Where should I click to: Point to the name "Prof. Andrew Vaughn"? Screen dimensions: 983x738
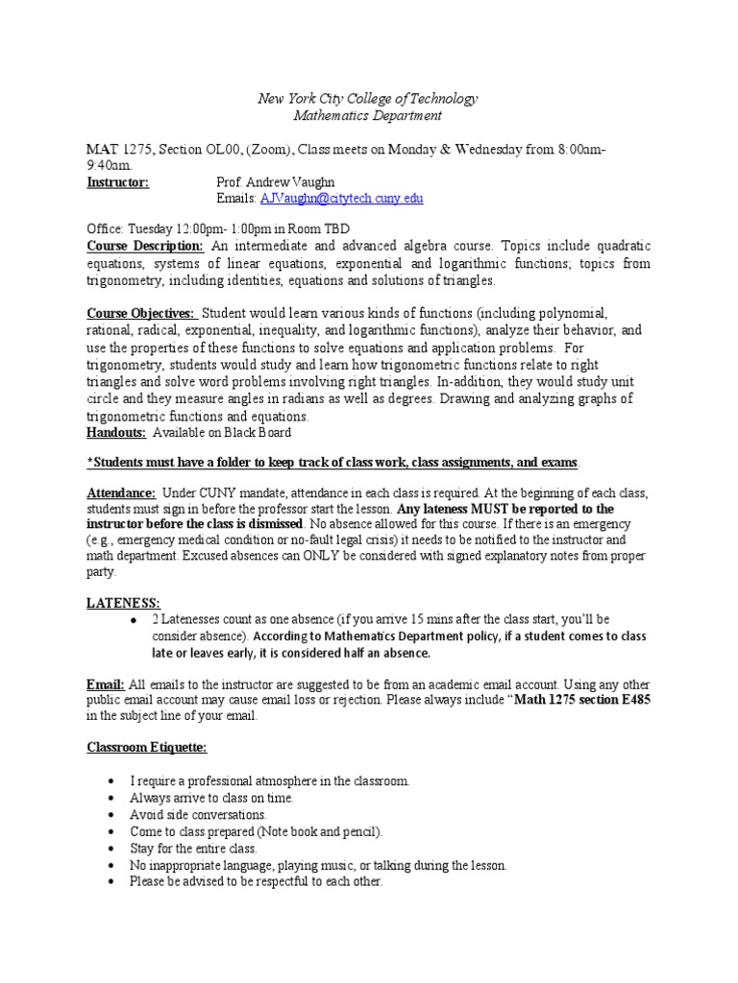coord(279,181)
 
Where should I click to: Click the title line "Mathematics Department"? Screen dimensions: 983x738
coord(368,116)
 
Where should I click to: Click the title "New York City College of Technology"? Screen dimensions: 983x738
coord(368,100)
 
